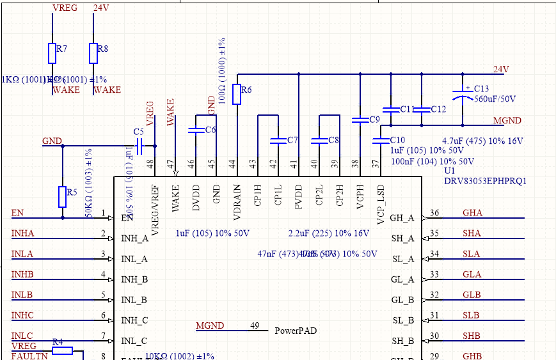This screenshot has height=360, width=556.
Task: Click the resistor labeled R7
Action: pyautogui.click(x=52, y=53)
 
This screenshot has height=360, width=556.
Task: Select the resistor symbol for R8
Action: pyautogui.click(x=93, y=53)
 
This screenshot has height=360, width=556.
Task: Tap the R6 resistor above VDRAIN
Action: pyautogui.click(x=237, y=94)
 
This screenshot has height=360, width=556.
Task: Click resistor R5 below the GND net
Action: pyautogui.click(x=62, y=197)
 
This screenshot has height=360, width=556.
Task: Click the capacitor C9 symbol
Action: pyautogui.click(x=360, y=120)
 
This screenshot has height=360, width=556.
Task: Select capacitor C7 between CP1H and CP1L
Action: pyautogui.click(x=278, y=140)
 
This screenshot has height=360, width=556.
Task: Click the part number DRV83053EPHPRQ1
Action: pyautogui.click(x=485, y=181)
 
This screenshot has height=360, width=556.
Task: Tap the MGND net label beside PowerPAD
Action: pyautogui.click(x=210, y=326)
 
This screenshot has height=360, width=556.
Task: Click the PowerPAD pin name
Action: pyautogui.click(x=295, y=331)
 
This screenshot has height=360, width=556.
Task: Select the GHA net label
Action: pyautogui.click(x=472, y=213)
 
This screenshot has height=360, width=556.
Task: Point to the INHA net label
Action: pyautogui.click(x=22, y=233)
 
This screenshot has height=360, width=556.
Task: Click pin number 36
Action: pyautogui.click(x=434, y=213)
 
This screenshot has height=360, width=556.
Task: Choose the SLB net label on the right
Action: pyautogui.click(x=471, y=315)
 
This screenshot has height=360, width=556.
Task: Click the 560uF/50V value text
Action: pyautogui.click(x=495, y=99)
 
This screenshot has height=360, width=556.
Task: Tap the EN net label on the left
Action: pyautogui.click(x=17, y=213)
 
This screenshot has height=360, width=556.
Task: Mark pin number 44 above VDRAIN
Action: pyautogui.click(x=232, y=164)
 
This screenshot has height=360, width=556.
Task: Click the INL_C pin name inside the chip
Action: pyautogui.click(x=134, y=341)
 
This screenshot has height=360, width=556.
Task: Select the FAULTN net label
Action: pyautogui.click(x=29, y=356)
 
